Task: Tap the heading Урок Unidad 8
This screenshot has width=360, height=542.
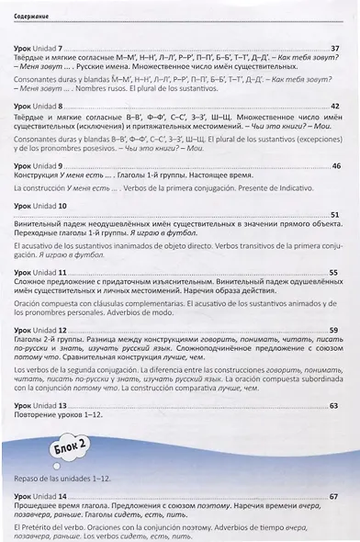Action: point(39,107)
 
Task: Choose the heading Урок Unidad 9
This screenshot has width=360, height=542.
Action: point(39,165)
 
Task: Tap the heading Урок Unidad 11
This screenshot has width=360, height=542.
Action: point(40,273)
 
